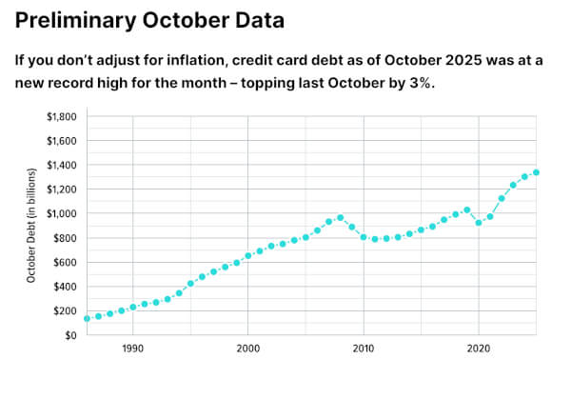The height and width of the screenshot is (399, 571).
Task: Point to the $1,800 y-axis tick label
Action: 62,116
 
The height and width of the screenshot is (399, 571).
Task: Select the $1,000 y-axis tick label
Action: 62,213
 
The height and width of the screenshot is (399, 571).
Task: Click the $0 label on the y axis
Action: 71,335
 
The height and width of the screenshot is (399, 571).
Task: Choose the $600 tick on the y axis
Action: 67,262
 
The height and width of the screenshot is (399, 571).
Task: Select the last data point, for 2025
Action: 536,172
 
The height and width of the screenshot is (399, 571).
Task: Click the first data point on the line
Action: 87,318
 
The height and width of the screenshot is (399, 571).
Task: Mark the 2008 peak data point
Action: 340,217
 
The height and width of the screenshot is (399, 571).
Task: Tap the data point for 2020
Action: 479,222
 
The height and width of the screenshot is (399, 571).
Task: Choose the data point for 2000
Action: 247,255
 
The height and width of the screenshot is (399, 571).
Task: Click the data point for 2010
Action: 364,237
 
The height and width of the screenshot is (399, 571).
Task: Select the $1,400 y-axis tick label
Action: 62,165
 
